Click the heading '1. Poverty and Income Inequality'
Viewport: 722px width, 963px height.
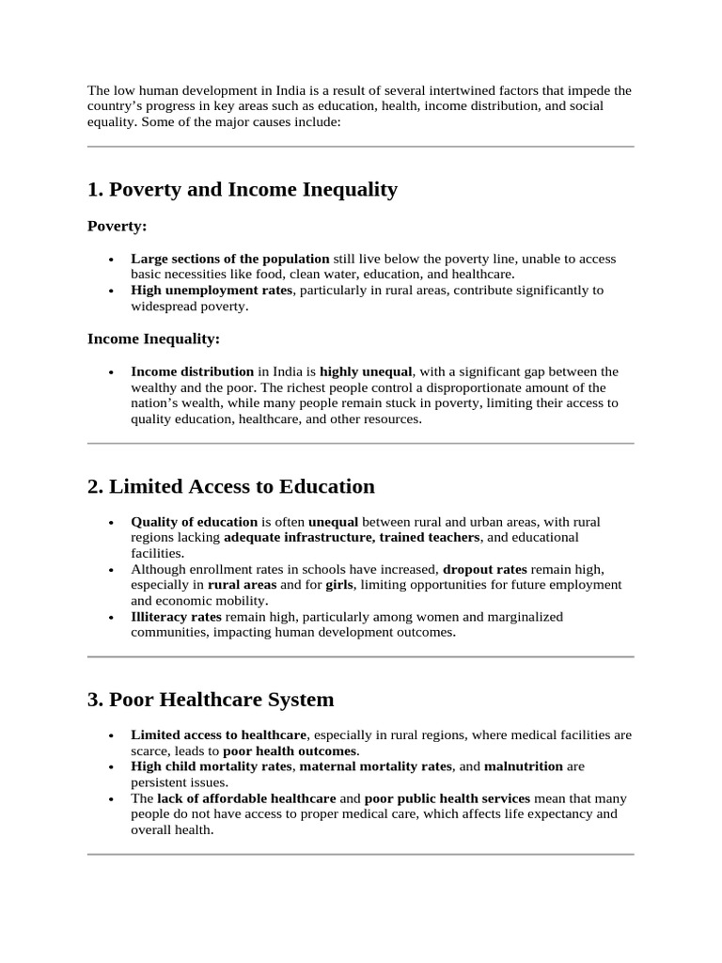point(243,190)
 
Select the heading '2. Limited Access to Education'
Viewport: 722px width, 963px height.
point(230,486)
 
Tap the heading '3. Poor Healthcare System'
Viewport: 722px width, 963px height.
point(210,700)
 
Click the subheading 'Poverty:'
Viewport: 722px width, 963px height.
point(117,226)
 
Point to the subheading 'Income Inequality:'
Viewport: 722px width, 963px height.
point(153,339)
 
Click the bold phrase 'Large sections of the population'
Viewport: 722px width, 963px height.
point(229,259)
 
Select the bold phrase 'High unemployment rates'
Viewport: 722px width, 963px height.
point(212,291)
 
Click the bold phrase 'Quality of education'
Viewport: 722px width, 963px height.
point(194,521)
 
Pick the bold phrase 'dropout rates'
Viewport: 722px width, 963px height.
point(484,569)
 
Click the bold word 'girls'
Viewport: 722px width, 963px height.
point(338,585)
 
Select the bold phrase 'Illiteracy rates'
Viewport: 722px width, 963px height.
point(176,617)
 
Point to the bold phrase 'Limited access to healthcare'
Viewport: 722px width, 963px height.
point(218,734)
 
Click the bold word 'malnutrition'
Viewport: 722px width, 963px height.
point(524,766)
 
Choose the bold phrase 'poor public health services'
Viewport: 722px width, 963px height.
point(447,798)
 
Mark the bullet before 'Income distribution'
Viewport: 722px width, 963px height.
point(111,372)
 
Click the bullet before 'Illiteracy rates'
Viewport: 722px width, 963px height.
point(111,618)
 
